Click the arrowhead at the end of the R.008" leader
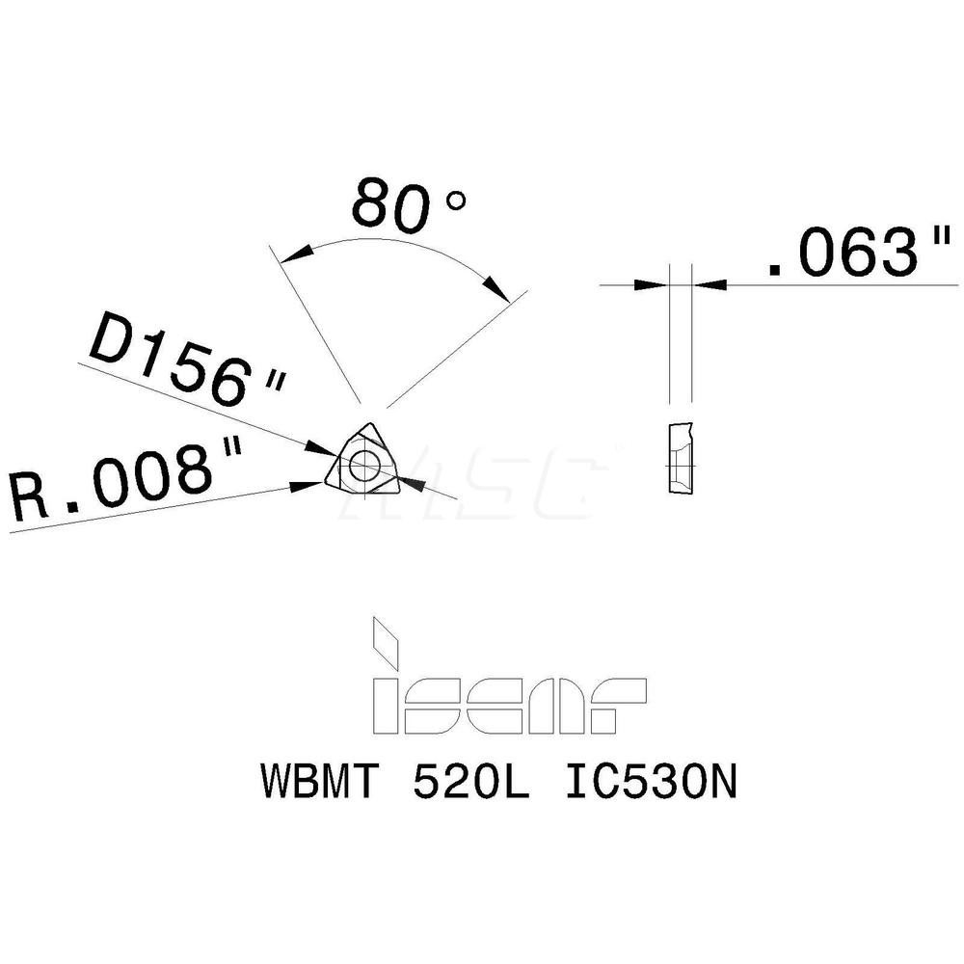pyautogui.click(x=314, y=485)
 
